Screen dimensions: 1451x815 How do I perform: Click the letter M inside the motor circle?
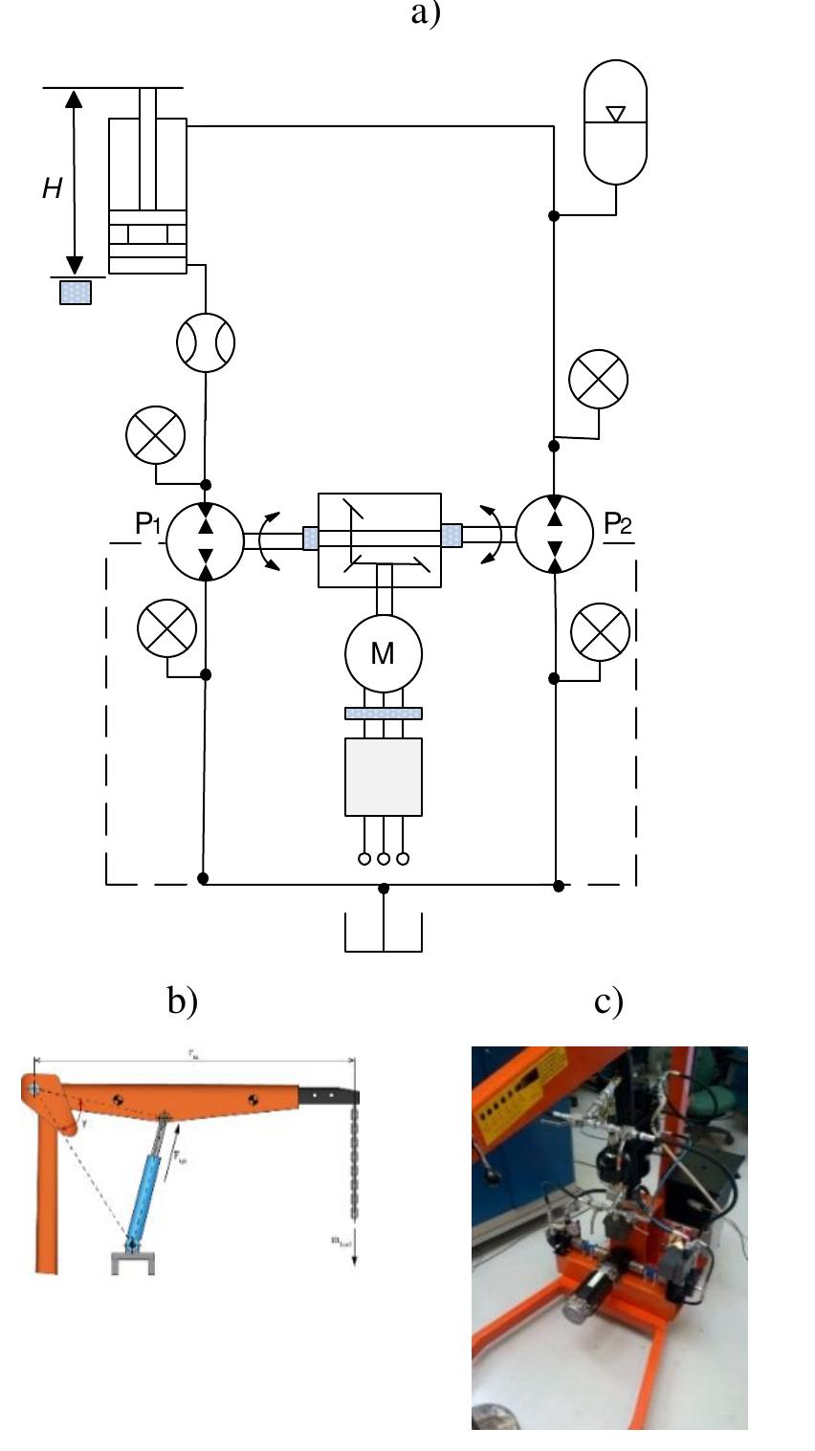[x=383, y=653]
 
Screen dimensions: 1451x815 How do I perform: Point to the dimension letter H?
[x=52, y=189]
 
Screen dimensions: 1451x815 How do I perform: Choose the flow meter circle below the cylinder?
[x=206, y=342]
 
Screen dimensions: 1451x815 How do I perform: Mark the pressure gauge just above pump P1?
[x=155, y=436]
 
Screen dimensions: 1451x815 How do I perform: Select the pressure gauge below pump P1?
[x=167, y=631]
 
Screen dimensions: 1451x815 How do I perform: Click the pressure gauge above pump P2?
[x=599, y=379]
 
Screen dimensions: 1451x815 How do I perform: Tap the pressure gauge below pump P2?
[x=600, y=632]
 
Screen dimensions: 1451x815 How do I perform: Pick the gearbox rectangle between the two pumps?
[x=379, y=540]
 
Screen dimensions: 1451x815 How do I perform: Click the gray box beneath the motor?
[x=383, y=776]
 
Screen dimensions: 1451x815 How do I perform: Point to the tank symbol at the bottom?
[x=383, y=933]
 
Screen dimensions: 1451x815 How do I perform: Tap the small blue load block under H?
[x=76, y=292]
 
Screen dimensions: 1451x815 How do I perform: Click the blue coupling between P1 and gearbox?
[x=310, y=539]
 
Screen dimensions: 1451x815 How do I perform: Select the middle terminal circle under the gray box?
[x=383, y=859]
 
